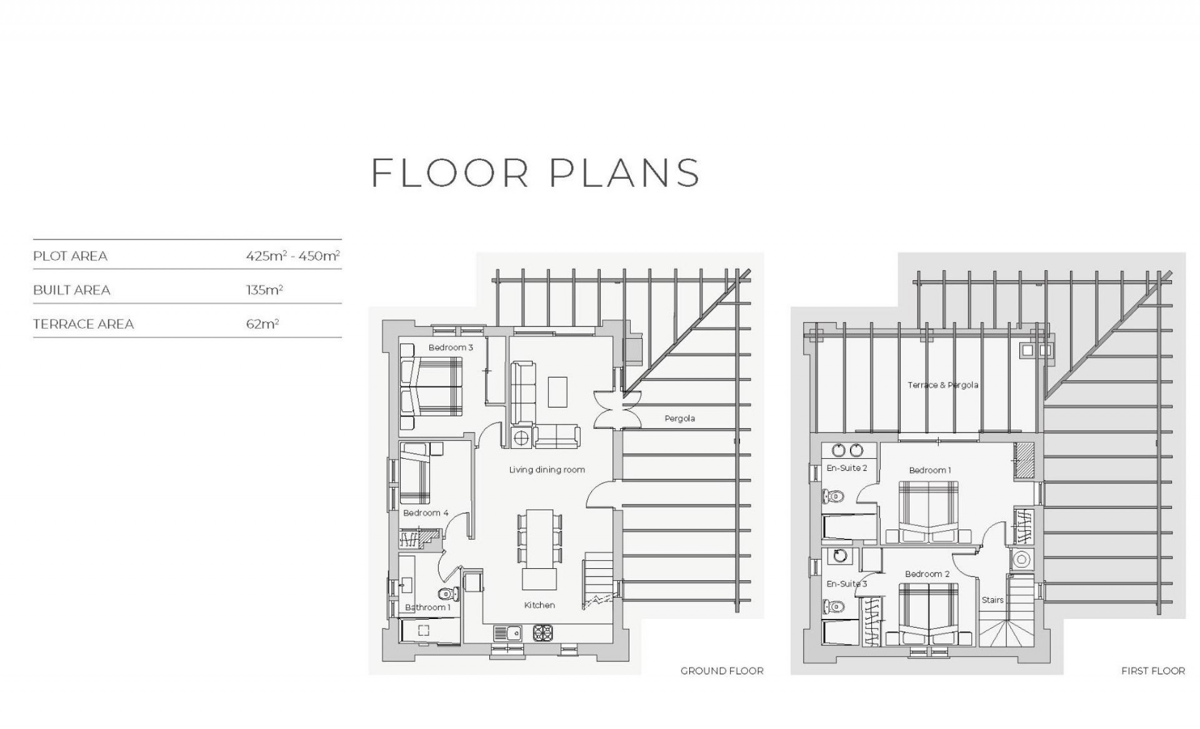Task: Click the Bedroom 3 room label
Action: (451, 348)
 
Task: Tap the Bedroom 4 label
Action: (426, 513)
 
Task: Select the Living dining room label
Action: (547, 470)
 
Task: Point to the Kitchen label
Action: (539, 605)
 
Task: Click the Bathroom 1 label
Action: (427, 608)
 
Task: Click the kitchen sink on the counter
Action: (507, 633)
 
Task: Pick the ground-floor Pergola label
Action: (679, 419)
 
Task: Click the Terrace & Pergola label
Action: (943, 385)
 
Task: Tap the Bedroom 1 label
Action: (930, 470)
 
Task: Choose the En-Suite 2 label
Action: (847, 468)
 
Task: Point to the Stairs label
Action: (992, 600)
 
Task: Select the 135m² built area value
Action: (264, 289)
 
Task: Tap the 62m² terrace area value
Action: (262, 324)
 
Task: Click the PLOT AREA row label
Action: (70, 256)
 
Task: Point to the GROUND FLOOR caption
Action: (722, 671)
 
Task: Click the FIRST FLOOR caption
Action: (1153, 671)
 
